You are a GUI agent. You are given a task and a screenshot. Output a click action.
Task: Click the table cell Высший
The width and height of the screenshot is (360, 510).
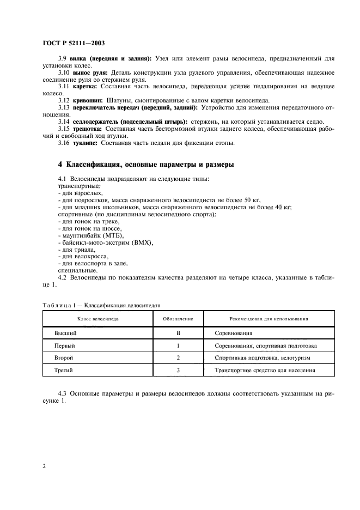65,332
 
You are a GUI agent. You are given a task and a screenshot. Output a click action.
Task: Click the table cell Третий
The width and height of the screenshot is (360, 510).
65,371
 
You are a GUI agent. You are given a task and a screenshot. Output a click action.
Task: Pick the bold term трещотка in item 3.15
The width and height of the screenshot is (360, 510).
87,129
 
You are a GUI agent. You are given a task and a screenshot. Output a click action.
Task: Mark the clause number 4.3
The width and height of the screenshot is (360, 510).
64,392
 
